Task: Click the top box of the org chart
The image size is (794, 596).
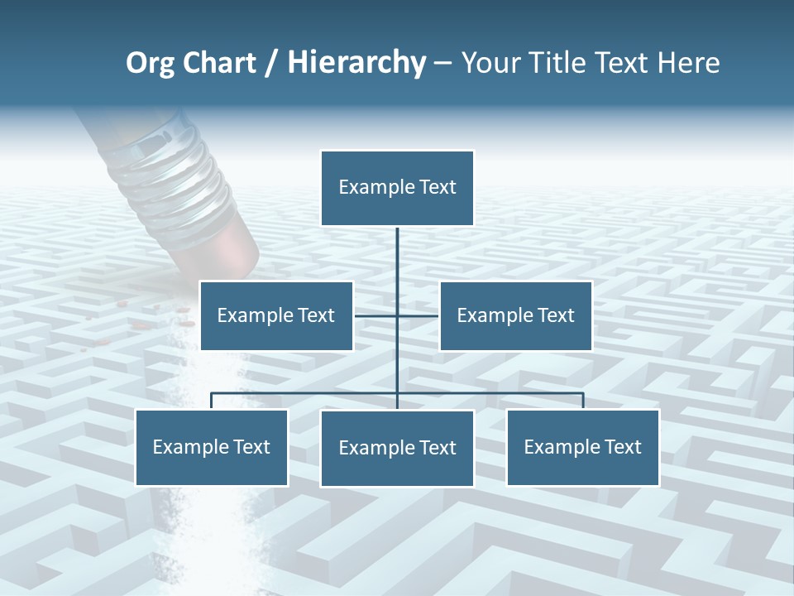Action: (x=397, y=188)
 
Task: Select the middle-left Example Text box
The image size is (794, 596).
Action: (x=276, y=315)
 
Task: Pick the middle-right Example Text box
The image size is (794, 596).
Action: (x=515, y=315)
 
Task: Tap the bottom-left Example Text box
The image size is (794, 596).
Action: (x=212, y=447)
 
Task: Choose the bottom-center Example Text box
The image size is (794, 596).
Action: (x=397, y=448)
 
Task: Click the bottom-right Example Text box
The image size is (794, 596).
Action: (x=582, y=447)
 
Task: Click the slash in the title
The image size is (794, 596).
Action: (x=271, y=63)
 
